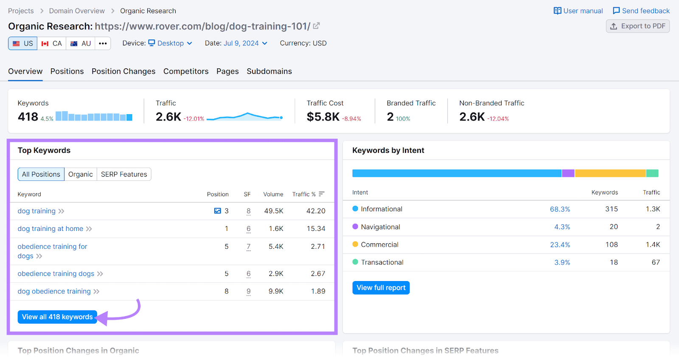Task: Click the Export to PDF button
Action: pyautogui.click(x=638, y=26)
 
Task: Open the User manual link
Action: pyautogui.click(x=578, y=11)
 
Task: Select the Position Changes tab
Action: pyautogui.click(x=123, y=71)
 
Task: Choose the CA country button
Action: pyautogui.click(x=52, y=43)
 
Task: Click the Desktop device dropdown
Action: pyautogui.click(x=170, y=43)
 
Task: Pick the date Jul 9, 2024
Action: pyautogui.click(x=241, y=43)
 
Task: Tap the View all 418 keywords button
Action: pyautogui.click(x=57, y=317)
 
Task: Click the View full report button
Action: pyautogui.click(x=381, y=288)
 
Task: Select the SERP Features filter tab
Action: pyautogui.click(x=124, y=174)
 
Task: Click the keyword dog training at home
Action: pyautogui.click(x=51, y=229)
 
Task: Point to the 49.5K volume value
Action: pyautogui.click(x=274, y=211)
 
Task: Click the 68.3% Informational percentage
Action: pyautogui.click(x=560, y=209)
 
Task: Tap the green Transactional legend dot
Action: pyautogui.click(x=356, y=262)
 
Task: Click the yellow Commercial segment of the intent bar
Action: pyautogui.click(x=610, y=173)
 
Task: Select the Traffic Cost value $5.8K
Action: pyautogui.click(x=323, y=117)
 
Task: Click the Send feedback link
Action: pyautogui.click(x=641, y=11)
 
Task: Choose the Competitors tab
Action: pyautogui.click(x=186, y=71)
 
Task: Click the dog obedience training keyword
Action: pyautogui.click(x=54, y=292)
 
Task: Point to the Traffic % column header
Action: pyautogui.click(x=304, y=194)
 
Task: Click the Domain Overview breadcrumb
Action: pyautogui.click(x=77, y=11)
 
